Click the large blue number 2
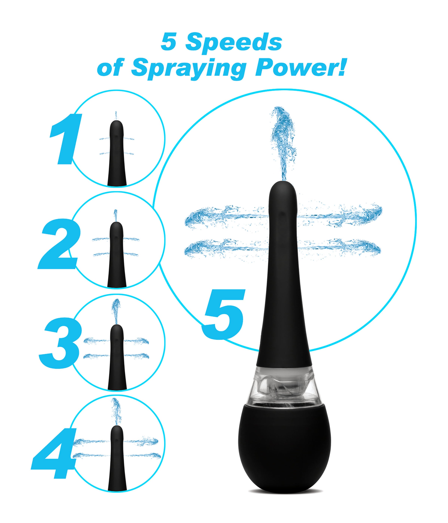click(x=60, y=243)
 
